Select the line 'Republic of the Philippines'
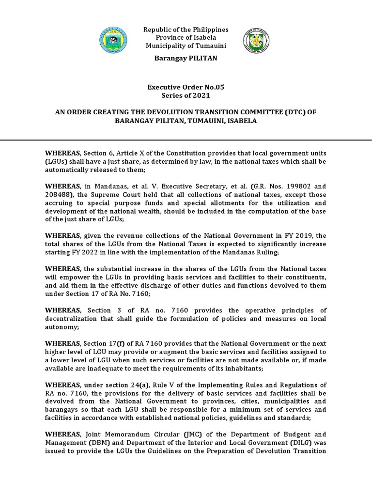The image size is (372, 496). pos(186,30)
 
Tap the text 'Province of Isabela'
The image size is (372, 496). pos(186,38)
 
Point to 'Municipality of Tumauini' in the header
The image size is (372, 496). pos(186,46)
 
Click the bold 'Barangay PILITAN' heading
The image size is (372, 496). pos(186,58)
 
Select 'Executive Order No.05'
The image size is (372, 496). pos(186,87)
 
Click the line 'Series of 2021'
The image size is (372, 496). pos(186,95)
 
